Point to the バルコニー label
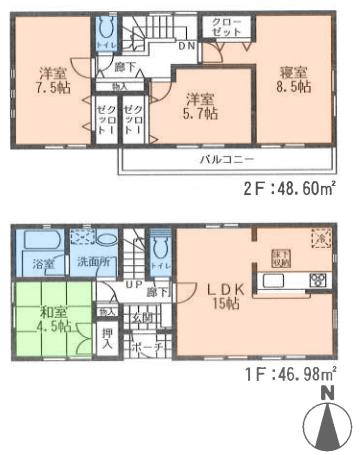point(223,160)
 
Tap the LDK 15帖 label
point(224,298)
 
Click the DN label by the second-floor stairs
point(186,45)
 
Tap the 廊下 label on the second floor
point(123,66)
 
